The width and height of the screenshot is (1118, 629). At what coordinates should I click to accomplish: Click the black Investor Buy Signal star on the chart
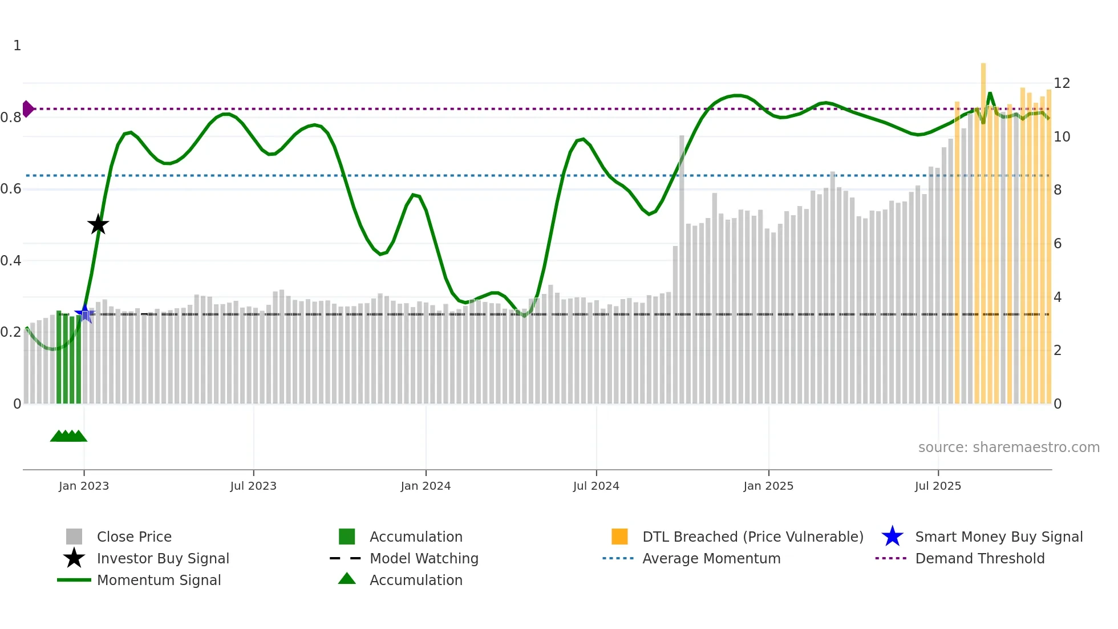[x=98, y=225]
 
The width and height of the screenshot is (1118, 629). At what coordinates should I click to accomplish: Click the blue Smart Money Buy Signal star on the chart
[x=85, y=313]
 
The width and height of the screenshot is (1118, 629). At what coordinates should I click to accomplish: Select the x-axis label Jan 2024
[x=426, y=486]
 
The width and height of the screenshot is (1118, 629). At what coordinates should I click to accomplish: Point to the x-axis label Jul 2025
[x=938, y=486]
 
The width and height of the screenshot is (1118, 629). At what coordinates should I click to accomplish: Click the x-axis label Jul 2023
[x=253, y=486]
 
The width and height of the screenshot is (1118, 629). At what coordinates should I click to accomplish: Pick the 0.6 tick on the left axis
[x=11, y=189]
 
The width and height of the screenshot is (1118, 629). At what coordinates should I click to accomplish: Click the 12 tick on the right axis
[x=1062, y=83]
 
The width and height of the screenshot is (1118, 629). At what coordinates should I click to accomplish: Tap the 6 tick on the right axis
[x=1058, y=244]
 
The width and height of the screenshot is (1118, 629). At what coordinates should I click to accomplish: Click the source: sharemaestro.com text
[x=1008, y=447]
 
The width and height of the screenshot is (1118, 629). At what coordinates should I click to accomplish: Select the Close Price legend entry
[x=134, y=537]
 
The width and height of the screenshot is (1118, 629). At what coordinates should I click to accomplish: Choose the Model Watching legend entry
[x=424, y=558]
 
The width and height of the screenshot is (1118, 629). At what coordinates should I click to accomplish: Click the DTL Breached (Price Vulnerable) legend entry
[x=752, y=537]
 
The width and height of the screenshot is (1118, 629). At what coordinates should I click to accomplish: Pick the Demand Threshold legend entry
[x=979, y=558]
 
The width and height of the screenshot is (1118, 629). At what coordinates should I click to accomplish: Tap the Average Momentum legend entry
[x=711, y=558]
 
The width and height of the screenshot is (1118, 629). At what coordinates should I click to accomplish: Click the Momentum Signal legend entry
[x=159, y=580]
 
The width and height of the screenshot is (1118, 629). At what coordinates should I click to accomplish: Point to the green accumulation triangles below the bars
[x=68, y=436]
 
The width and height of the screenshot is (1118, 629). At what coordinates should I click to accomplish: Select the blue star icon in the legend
[x=892, y=537]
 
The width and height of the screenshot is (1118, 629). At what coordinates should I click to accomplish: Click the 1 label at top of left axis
[x=17, y=46]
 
